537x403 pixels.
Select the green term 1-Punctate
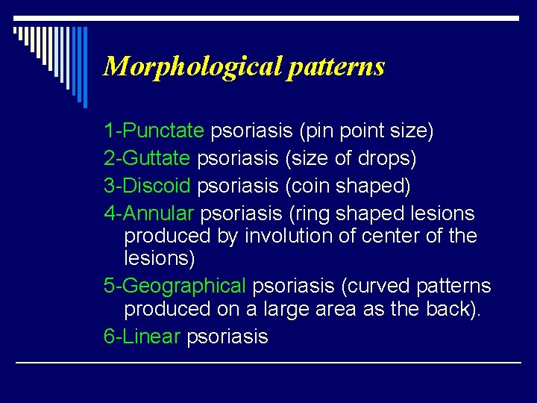[154, 131]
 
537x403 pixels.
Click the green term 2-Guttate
[148, 159]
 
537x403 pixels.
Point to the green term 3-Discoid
[148, 186]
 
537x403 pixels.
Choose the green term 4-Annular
[150, 213]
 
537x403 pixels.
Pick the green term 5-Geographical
[175, 286]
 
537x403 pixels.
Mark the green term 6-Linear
[142, 337]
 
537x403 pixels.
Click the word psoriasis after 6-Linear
[227, 337]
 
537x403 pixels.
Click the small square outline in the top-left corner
[16, 31]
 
